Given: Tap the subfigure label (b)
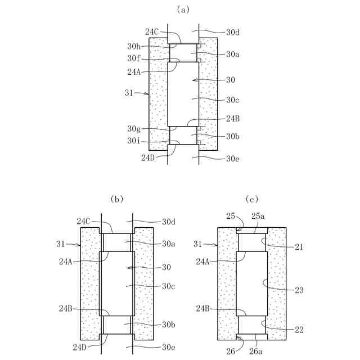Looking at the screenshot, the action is [x=117, y=199].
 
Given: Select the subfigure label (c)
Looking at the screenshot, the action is [x=252, y=199].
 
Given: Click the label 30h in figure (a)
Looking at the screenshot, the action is [x=134, y=46].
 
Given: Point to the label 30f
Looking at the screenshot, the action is [x=134, y=58].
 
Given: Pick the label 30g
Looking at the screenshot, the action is [x=134, y=129].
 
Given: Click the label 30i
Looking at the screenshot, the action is [x=134, y=141].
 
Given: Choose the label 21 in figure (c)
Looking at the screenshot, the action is [x=299, y=247].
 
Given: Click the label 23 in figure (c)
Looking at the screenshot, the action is [x=299, y=290].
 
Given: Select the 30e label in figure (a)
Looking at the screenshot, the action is [x=233, y=159].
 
